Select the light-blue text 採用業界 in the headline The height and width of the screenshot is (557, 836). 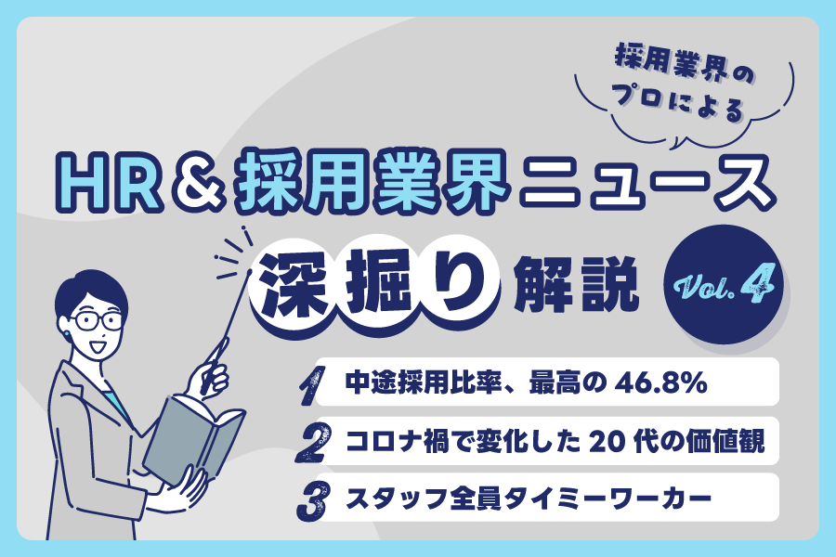pyautogui.click(x=371, y=181)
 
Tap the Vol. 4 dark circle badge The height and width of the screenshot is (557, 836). pyautogui.click(x=724, y=284)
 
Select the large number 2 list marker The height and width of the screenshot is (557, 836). pyautogui.click(x=314, y=442)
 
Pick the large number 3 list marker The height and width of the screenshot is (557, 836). pyautogui.click(x=314, y=500)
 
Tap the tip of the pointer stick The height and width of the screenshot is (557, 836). pyautogui.click(x=249, y=272)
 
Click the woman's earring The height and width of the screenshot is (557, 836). pyautogui.click(x=68, y=332)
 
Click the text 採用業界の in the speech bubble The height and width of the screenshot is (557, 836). pyautogui.click(x=685, y=64)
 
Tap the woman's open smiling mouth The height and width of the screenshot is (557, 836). pyautogui.click(x=98, y=346)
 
